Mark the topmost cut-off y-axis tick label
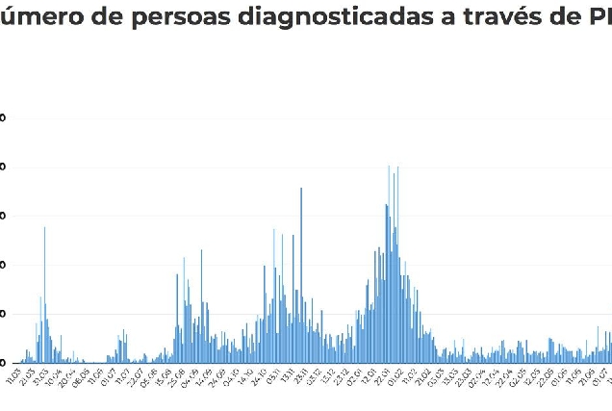pos(3,118)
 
